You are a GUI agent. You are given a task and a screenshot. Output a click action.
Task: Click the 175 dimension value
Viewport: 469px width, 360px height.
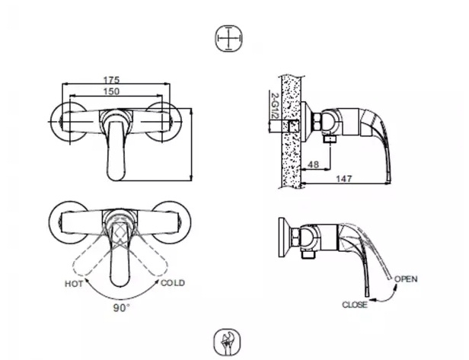pyautogui.click(x=111, y=80)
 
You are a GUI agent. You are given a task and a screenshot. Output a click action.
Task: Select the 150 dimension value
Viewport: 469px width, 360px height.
pyautogui.click(x=111, y=91)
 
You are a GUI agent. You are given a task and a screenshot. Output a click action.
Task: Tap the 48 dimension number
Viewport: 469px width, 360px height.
pyautogui.click(x=313, y=164)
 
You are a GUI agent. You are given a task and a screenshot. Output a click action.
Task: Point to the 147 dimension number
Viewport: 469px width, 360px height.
pyautogui.click(x=344, y=179)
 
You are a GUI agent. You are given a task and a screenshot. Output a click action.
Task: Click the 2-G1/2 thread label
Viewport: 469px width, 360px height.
pyautogui.click(x=273, y=106)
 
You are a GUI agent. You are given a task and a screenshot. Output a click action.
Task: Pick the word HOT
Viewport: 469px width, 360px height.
pyautogui.click(x=74, y=284)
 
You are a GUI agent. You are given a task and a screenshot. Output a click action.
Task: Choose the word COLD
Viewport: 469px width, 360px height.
pyautogui.click(x=173, y=283)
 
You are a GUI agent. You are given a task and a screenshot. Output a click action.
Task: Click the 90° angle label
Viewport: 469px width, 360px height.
pyautogui.click(x=121, y=307)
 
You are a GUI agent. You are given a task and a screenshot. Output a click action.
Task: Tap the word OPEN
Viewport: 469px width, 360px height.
pyautogui.click(x=406, y=279)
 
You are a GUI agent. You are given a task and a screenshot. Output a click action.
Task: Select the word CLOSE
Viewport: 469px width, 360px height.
pyautogui.click(x=355, y=304)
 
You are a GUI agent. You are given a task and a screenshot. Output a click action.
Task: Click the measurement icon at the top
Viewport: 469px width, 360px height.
pyautogui.click(x=229, y=39)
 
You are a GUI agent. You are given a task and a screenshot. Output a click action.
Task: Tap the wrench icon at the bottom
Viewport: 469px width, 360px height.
pyautogui.click(x=228, y=342)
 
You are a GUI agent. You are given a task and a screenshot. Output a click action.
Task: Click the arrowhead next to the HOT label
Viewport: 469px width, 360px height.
pyautogui.click(x=87, y=280)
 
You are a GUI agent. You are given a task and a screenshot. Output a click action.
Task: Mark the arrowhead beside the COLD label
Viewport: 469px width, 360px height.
pyautogui.click(x=157, y=281)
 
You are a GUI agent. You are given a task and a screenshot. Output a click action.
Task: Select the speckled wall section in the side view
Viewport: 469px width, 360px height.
pyautogui.click(x=290, y=132)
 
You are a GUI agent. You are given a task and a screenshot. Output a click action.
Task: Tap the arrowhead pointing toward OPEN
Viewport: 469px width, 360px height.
pyautogui.click(x=396, y=287)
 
